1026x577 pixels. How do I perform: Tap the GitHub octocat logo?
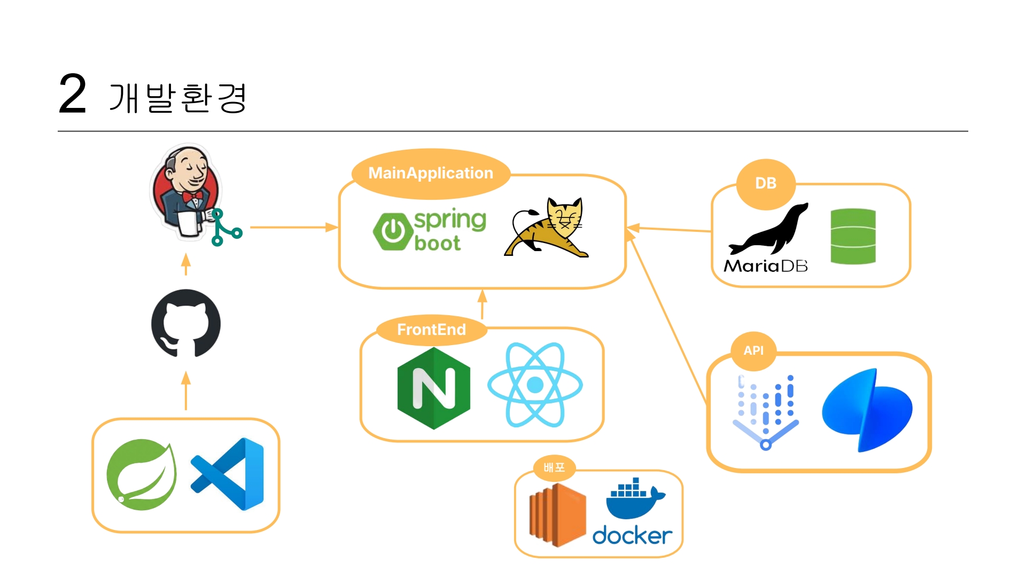click(186, 323)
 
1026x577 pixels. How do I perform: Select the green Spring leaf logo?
click(142, 474)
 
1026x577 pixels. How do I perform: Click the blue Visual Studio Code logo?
click(228, 474)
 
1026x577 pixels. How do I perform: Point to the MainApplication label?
click(431, 173)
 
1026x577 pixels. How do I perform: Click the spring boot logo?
click(430, 231)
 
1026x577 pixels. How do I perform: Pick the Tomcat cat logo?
click(546, 228)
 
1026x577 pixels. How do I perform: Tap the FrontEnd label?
click(431, 330)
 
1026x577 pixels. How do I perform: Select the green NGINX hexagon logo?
click(434, 388)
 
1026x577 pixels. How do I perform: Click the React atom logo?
click(535, 385)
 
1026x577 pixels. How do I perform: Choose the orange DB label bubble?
click(766, 183)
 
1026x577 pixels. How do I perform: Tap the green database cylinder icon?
click(853, 237)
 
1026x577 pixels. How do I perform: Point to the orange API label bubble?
click(753, 350)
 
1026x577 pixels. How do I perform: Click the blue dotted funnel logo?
click(766, 412)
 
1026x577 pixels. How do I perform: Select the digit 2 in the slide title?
click(72, 94)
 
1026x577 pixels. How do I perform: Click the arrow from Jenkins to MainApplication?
click(293, 228)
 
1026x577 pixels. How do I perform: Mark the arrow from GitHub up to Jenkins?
click(186, 264)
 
